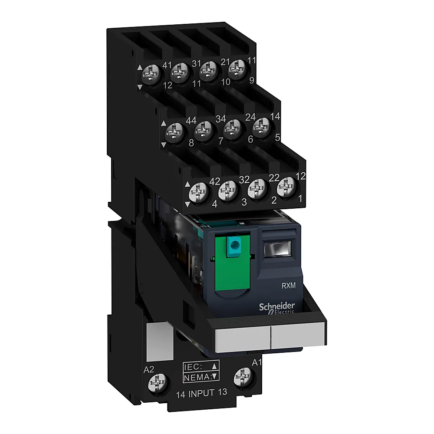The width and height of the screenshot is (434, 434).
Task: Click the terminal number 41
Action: (x=167, y=66)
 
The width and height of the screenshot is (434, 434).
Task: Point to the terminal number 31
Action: (x=197, y=64)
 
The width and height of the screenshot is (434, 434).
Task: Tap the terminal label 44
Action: (x=191, y=121)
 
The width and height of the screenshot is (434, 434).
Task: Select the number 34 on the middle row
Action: (x=220, y=119)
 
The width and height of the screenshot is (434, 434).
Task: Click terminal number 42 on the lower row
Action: (x=215, y=181)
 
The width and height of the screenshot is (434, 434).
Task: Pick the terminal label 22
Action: (x=274, y=178)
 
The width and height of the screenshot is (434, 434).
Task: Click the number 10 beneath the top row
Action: (x=226, y=82)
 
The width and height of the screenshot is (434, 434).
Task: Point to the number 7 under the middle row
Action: (x=220, y=141)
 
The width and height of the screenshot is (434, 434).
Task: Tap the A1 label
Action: (x=256, y=362)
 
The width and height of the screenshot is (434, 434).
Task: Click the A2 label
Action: (x=149, y=370)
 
